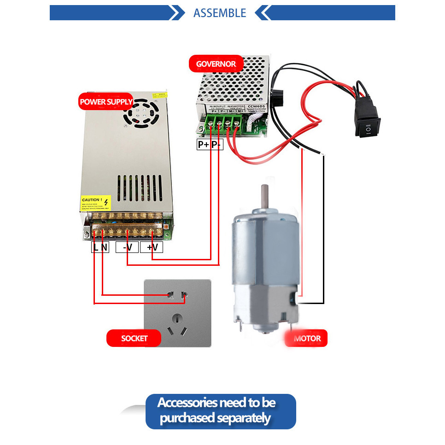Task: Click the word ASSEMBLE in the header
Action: tap(220, 13)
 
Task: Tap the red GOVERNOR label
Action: tap(216, 64)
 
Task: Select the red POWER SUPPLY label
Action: tap(106, 102)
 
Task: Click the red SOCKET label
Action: tap(134, 339)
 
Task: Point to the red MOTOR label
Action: tap(307, 339)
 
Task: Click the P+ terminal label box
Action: tap(203, 145)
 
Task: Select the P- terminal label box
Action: tap(217, 145)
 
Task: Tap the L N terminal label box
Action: tap(100, 247)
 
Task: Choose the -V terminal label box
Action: tap(127, 247)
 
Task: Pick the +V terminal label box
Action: tap(152, 247)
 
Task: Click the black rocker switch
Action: tap(367, 122)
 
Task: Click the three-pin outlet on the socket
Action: tap(178, 324)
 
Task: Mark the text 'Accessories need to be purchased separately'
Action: tap(217, 410)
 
